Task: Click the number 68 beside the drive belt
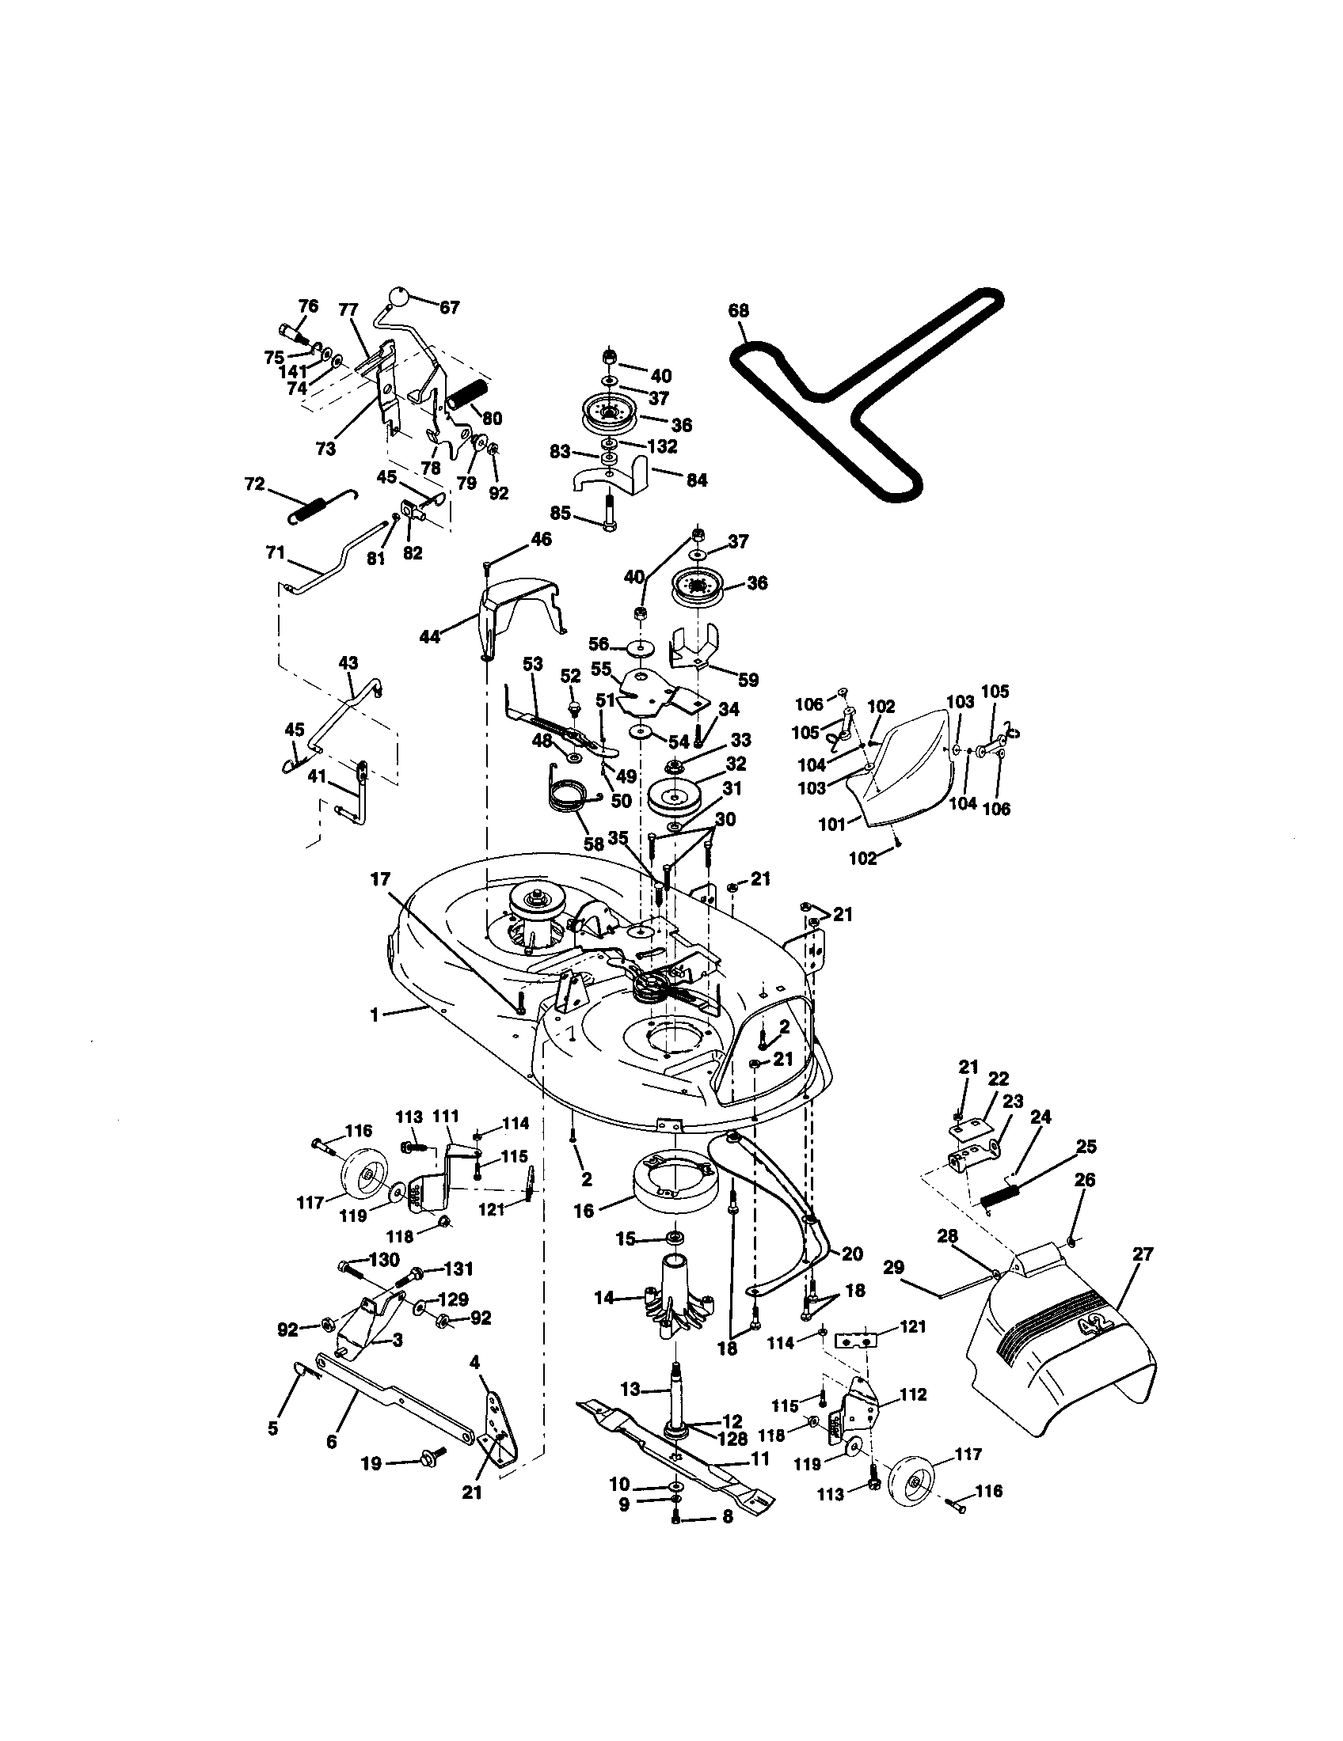pos(739,311)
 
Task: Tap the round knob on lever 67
pos(398,298)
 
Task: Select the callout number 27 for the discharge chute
pos(1143,1254)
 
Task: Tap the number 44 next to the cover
pos(430,636)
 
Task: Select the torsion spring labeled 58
pos(573,795)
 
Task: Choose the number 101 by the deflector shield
pos(831,825)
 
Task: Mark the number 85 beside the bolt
pos(561,514)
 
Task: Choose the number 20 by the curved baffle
pos(852,1254)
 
